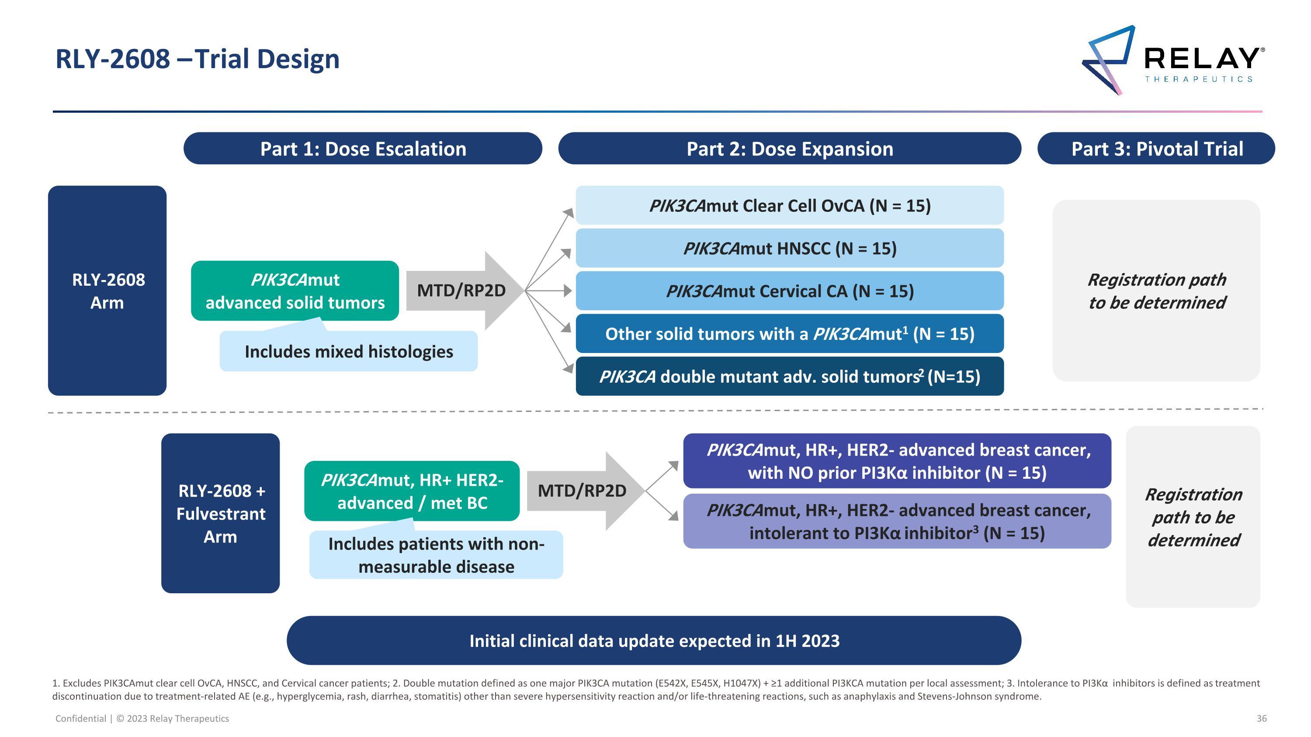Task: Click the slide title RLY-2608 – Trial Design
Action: coord(198,59)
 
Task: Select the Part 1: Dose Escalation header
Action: coord(362,149)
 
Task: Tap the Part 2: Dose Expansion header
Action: coord(789,149)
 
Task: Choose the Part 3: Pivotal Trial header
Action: coord(1156,149)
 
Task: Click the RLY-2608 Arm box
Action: coord(108,291)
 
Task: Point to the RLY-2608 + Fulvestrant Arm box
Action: coord(220,513)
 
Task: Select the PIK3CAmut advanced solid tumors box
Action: coord(295,291)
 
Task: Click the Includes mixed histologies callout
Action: coord(349,351)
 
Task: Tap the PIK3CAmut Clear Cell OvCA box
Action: coord(789,205)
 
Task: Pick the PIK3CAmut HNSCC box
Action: coord(789,248)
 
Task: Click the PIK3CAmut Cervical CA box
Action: coord(789,291)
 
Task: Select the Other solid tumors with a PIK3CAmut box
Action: coord(789,334)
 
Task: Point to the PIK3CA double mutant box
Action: coord(789,377)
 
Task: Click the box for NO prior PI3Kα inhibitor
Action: coord(897,461)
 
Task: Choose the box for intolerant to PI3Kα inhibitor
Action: coord(897,521)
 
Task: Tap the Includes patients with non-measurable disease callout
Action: coord(436,555)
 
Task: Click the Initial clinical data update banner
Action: coord(654,640)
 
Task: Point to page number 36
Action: coord(1261,718)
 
